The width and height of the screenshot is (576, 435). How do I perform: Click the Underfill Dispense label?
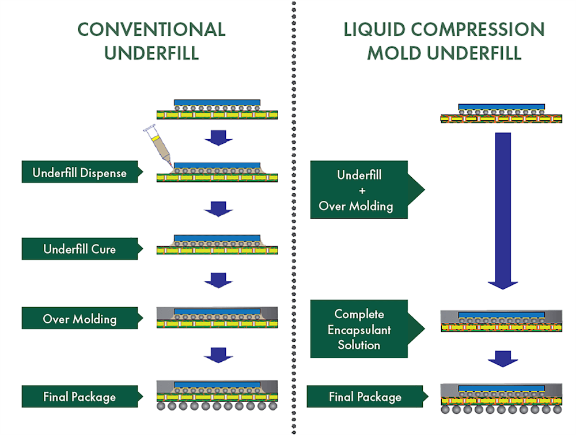click(x=79, y=173)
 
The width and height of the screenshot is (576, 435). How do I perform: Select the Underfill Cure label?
click(x=79, y=249)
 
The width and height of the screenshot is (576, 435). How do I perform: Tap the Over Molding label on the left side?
click(x=79, y=319)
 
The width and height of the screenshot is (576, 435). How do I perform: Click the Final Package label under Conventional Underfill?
click(x=79, y=396)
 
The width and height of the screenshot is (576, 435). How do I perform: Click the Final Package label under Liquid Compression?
click(x=365, y=396)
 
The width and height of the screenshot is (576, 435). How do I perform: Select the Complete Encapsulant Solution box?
click(x=358, y=329)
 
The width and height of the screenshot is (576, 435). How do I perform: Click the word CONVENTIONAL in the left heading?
click(x=151, y=29)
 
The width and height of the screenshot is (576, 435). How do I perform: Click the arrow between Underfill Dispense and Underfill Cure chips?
click(x=218, y=208)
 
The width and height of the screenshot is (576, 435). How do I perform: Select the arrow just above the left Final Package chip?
click(x=218, y=355)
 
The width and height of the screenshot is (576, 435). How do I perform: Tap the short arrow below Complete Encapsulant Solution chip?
click(x=502, y=358)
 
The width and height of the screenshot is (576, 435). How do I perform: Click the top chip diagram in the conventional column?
click(x=217, y=109)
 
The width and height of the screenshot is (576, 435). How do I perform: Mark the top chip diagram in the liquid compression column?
click(x=501, y=114)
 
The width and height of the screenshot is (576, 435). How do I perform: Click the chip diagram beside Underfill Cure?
click(x=217, y=245)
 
